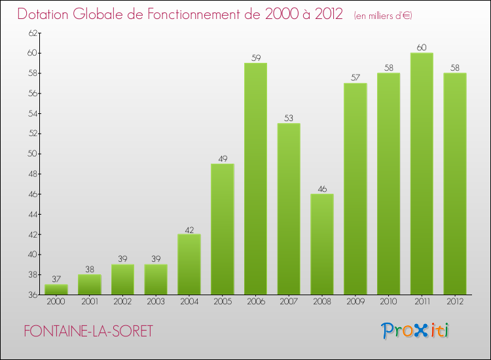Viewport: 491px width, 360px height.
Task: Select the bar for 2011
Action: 422,173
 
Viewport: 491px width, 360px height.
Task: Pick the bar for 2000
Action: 56,289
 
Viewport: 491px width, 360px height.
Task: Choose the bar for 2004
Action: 189,264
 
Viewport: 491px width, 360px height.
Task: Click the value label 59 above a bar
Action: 255,58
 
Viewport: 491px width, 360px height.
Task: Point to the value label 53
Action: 289,118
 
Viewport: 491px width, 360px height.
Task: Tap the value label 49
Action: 223,158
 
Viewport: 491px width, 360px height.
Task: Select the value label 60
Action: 422,47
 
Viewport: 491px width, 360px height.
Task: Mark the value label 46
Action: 322,189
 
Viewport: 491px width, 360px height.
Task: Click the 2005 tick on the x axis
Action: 223,302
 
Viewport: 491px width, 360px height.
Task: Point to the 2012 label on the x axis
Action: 455,302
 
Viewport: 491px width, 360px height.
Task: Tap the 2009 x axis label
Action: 355,302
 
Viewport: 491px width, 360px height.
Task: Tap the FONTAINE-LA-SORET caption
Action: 88,332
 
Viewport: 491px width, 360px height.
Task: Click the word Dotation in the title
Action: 46,14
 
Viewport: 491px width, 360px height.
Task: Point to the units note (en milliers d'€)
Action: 383,15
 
